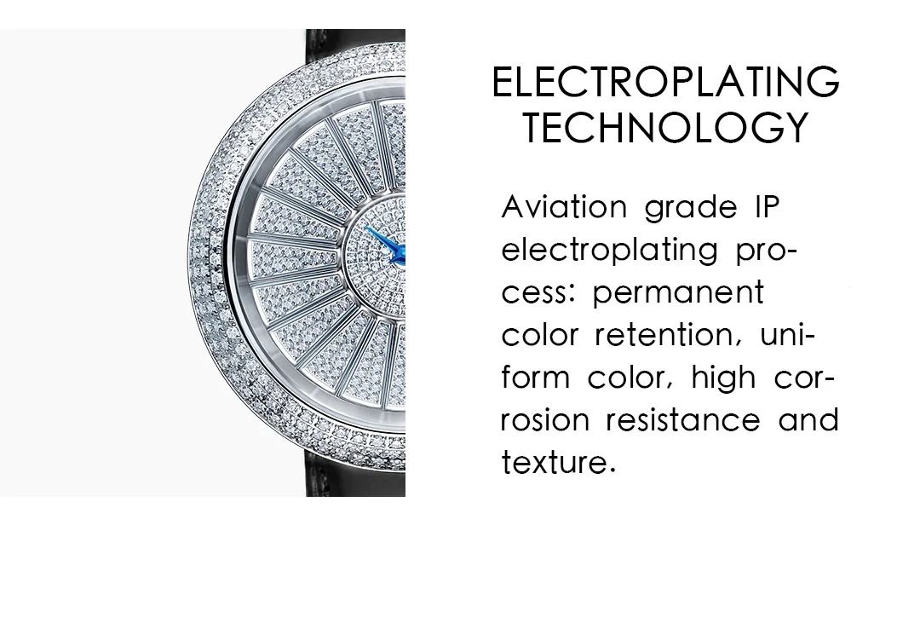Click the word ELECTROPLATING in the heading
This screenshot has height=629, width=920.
click(x=666, y=82)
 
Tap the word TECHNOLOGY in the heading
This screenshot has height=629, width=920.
click(x=666, y=128)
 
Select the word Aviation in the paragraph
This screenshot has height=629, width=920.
click(x=565, y=206)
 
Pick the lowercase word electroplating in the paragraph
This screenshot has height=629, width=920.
click(x=610, y=251)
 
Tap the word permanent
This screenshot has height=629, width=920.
click(x=678, y=293)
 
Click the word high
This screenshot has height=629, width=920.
click(x=723, y=378)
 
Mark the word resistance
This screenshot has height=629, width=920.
click(x=683, y=419)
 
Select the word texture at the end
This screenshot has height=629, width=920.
click(x=558, y=462)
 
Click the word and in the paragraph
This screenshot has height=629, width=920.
click(x=808, y=419)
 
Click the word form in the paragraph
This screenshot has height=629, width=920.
click(x=535, y=378)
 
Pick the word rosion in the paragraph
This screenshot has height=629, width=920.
click(x=545, y=419)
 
